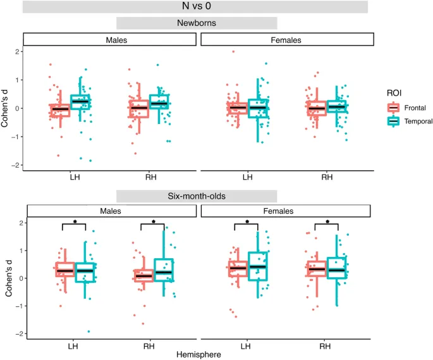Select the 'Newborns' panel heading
(x=197, y=23)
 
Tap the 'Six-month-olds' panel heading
(x=197, y=196)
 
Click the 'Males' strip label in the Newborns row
(x=109, y=40)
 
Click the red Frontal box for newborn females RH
(x=316, y=108)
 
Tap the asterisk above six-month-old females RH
(x=327, y=223)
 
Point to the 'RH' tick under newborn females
(x=327, y=177)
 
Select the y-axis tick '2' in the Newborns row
(x=17, y=51)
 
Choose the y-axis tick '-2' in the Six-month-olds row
(x=15, y=334)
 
